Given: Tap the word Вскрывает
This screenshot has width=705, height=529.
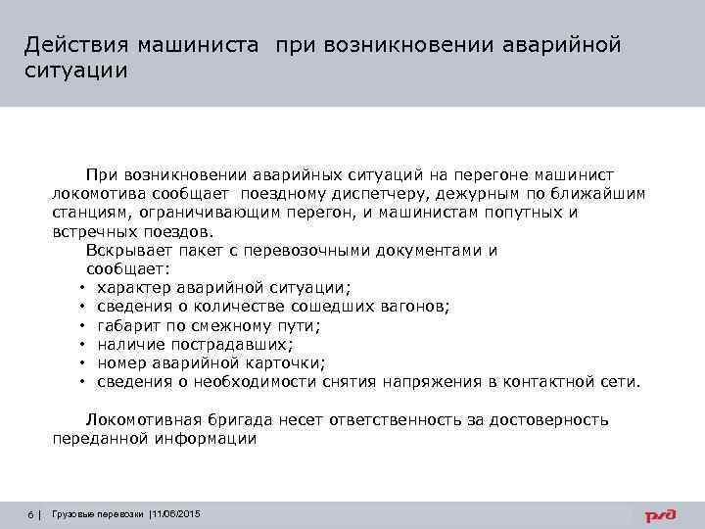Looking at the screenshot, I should [x=128, y=250].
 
